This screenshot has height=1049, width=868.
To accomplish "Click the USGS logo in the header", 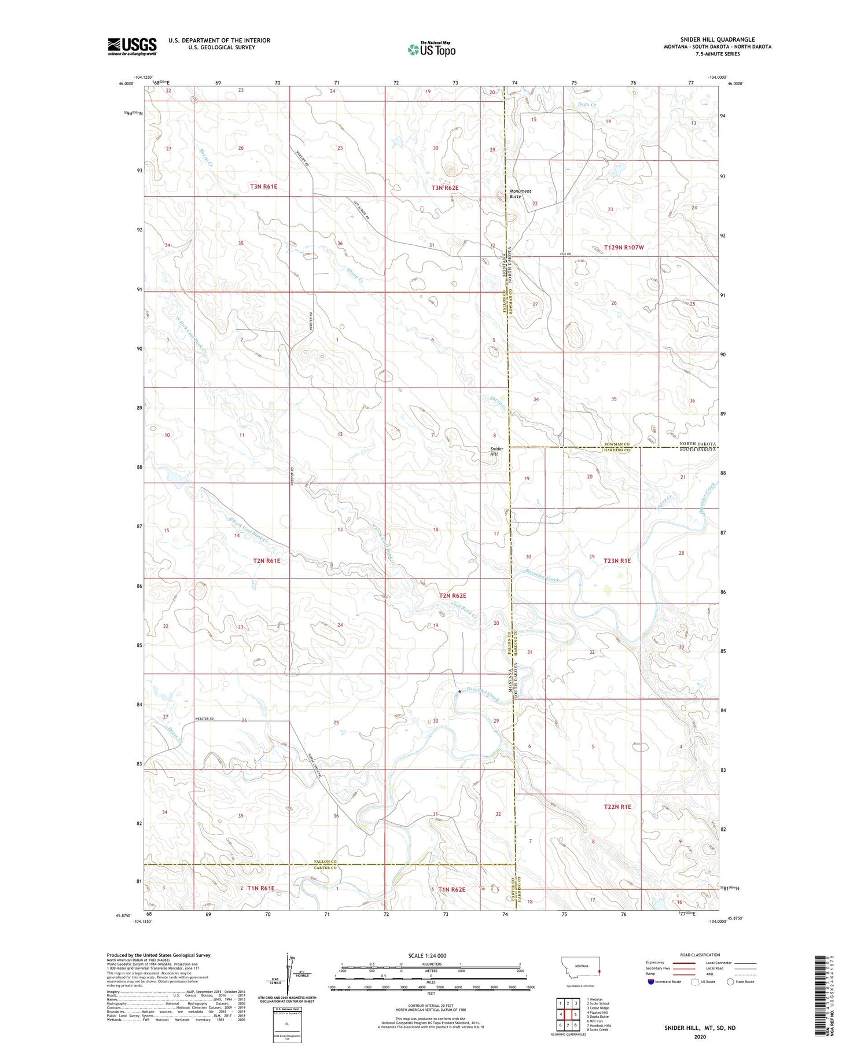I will (x=132, y=46).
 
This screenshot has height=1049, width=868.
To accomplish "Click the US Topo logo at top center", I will (x=432, y=50).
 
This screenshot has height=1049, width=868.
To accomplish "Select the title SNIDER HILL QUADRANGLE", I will (x=718, y=40).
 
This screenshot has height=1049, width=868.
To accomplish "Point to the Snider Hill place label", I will (x=497, y=451).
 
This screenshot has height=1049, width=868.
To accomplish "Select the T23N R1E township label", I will (x=617, y=561).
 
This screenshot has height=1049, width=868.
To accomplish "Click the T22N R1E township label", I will (x=617, y=806).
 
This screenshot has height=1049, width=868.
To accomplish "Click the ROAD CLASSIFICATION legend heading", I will (x=700, y=955).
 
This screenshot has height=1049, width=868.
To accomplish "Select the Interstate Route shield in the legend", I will (x=651, y=982).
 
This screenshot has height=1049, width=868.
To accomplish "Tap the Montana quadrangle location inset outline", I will (x=582, y=969).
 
